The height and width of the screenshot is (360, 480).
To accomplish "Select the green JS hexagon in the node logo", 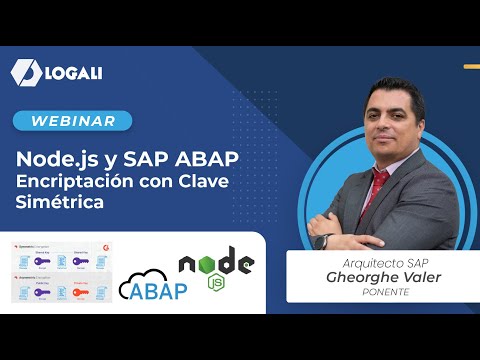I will point(213,282).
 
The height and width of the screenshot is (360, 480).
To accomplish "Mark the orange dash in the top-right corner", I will point(471,68).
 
